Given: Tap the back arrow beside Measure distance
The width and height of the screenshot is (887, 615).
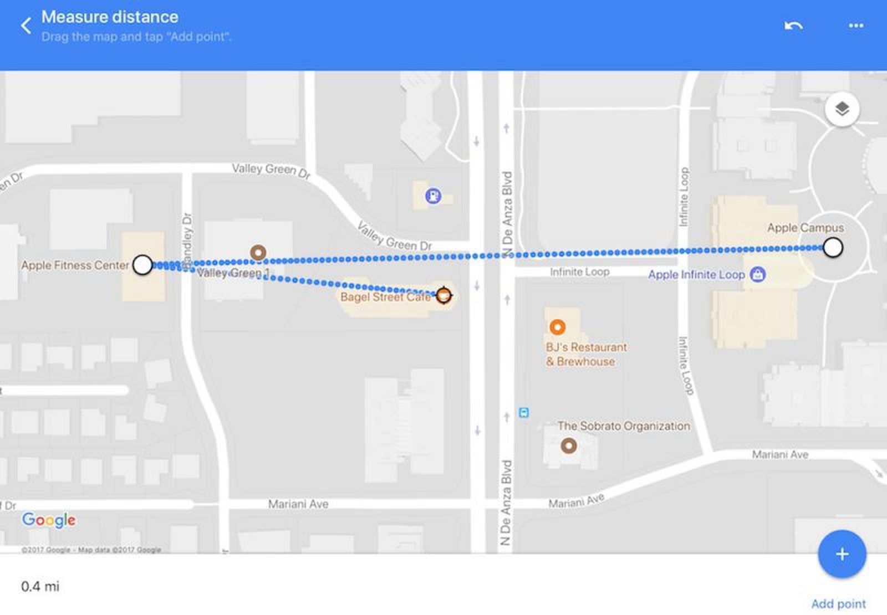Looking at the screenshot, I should tap(26, 25).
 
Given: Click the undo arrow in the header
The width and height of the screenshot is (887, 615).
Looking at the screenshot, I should tap(793, 25).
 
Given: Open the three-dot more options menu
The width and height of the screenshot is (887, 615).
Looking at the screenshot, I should tap(856, 25).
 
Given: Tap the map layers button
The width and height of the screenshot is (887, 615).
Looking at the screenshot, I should tap(842, 109).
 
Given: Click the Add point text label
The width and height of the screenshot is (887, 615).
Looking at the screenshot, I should tap(838, 603).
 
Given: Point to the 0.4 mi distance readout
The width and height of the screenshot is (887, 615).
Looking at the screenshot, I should tap(40, 586).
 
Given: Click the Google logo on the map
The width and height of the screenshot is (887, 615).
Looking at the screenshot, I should tap(49, 520).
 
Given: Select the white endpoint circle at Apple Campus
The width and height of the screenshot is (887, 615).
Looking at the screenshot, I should tap(833, 248).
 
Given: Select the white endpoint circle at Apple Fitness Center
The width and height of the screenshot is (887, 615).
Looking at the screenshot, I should tap(142, 265).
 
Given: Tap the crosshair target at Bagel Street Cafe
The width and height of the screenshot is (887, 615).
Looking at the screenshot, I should tap(443, 295).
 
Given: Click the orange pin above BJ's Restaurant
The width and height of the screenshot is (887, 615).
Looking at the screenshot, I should tap(557, 327).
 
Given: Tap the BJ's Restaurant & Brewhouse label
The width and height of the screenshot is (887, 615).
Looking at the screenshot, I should tap(585, 354).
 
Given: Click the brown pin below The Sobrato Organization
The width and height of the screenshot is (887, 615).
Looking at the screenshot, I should tap(569, 445).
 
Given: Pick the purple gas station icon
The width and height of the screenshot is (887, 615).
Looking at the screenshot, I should tap(433, 196).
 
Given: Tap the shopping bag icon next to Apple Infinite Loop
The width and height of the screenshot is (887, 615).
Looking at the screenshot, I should tap(757, 274).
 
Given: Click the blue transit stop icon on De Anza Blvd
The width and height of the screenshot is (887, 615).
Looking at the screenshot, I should tap(523, 412).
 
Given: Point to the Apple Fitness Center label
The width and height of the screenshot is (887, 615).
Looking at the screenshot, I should tap(75, 265).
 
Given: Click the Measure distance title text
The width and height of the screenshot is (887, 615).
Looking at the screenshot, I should tap(110, 17).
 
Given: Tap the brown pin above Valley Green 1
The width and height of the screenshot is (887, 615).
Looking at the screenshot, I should tap(258, 253).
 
